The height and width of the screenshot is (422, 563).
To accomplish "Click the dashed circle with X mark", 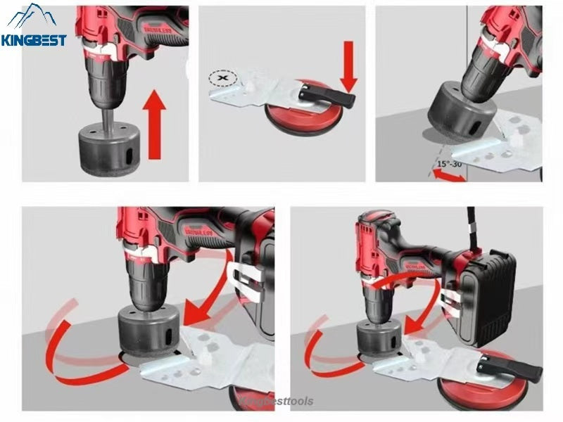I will click(223, 79).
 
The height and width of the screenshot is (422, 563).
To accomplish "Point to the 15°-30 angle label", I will click(449, 163).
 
